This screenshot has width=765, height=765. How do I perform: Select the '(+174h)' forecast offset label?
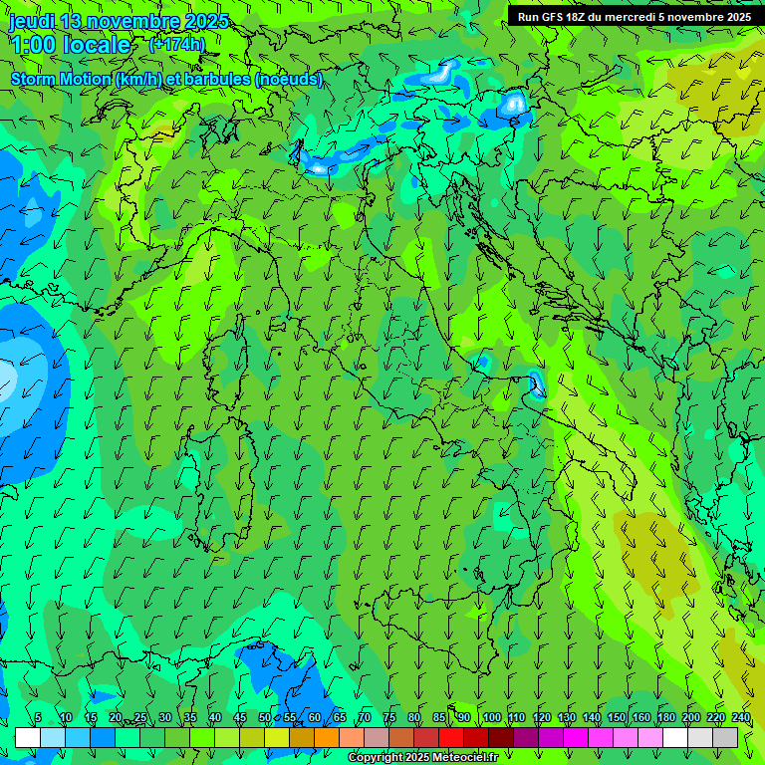pyautogui.click(x=177, y=44)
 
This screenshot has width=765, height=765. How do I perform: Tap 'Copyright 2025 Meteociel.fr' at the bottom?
pyautogui.click(x=422, y=758)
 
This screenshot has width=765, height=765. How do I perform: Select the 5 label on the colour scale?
pyautogui.click(x=38, y=718)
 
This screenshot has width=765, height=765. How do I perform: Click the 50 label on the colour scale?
pyautogui.click(x=264, y=718)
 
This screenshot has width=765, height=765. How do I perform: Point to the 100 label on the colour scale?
pyautogui.click(x=491, y=718)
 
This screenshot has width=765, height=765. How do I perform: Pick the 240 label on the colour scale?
pyautogui.click(x=741, y=718)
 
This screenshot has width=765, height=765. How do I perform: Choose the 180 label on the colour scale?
pyautogui.click(x=664, y=718)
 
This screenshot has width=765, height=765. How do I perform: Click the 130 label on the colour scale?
pyautogui.click(x=566, y=718)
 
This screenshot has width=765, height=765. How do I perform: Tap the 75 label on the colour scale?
pyautogui.click(x=389, y=718)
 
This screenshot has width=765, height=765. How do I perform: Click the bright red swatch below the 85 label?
pyautogui.click(x=451, y=737)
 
